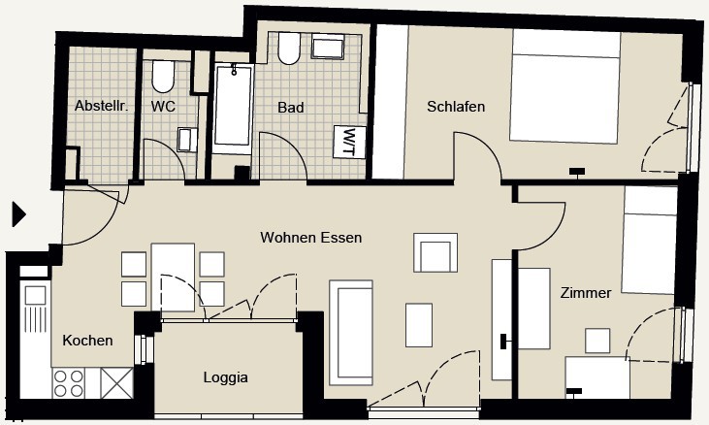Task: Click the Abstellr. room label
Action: pos(102,106)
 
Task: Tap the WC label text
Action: pos(163,107)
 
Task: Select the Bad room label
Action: pos(291,108)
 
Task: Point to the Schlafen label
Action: pos(456,107)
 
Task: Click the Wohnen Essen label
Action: pos(311,238)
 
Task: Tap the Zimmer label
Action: pos(586,293)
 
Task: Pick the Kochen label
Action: pos(87,341)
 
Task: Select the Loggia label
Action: pos(226,377)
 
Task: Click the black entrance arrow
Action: pos(18,214)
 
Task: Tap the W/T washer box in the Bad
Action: pos(349,142)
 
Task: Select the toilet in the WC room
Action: pos(163,76)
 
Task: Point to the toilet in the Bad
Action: pos(289,48)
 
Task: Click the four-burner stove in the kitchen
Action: pos(69,383)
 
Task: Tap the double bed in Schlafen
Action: pos(565,86)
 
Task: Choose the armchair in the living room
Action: pos(435,252)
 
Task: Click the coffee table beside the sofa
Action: pos(419,325)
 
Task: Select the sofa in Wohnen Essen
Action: pos(351,333)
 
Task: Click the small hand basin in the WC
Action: pos(187,140)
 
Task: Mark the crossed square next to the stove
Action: pos(116,383)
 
